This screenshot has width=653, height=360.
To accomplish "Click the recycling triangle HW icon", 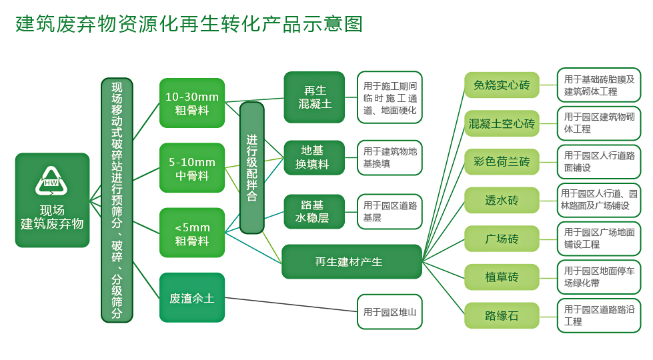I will (x=51, y=179).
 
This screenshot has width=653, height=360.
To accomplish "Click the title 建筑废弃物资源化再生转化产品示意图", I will (x=189, y=24).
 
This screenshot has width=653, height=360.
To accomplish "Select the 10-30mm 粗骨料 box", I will (x=192, y=103).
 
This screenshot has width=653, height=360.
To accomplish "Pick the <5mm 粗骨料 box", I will (x=192, y=233).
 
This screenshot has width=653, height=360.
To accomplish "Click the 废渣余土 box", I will (x=192, y=297).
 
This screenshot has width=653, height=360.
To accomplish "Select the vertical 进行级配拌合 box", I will (x=251, y=167).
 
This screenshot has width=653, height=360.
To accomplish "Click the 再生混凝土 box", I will (x=314, y=97).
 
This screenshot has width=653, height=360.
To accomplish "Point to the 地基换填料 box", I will (x=314, y=157).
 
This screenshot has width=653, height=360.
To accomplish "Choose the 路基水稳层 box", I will (x=314, y=211).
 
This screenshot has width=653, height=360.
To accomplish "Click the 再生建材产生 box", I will (x=352, y=261).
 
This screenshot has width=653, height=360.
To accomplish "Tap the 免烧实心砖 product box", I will (x=502, y=85).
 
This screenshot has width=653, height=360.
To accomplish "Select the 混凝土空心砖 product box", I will (x=502, y=123).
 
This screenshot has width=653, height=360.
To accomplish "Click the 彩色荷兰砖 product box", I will (x=502, y=161).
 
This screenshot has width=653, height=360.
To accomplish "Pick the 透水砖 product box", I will (x=502, y=200).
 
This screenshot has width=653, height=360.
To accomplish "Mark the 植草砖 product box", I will (x=502, y=277).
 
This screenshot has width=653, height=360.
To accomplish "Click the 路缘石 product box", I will (x=502, y=315).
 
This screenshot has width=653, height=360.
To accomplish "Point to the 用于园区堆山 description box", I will (x=390, y=311).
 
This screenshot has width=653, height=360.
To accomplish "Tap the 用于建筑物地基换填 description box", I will (x=390, y=157).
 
